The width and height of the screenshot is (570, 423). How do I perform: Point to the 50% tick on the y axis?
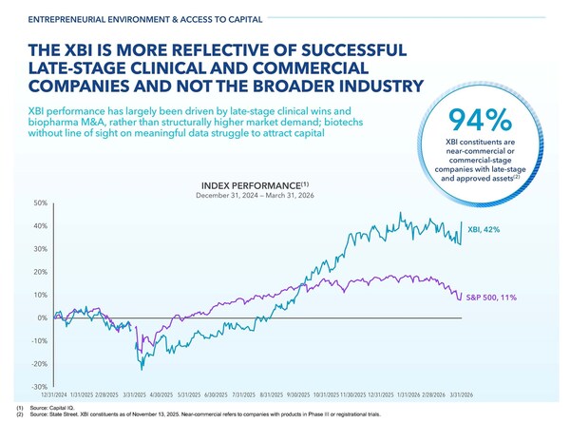tap(13, 203)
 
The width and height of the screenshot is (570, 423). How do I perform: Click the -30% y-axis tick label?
tap(12, 387)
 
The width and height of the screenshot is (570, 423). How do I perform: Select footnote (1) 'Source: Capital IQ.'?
tap(57, 406)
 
